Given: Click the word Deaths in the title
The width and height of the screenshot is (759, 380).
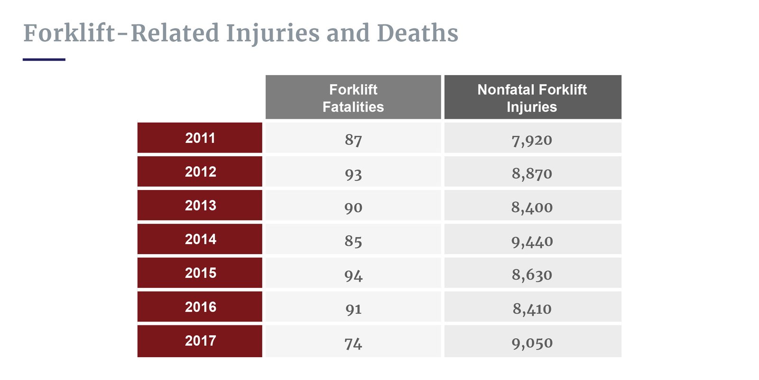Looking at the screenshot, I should coord(417,33).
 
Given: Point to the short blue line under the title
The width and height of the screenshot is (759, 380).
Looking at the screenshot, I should coord(44,59).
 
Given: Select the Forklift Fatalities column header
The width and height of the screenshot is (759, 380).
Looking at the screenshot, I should coord(353,98).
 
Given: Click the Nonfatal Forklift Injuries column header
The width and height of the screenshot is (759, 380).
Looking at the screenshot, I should coord(532,98).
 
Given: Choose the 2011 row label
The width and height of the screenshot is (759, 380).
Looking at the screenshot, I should coord(200,138).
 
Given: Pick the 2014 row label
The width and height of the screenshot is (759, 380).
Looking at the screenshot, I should coord(200,239).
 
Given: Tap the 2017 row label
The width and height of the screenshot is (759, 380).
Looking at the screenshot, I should coord(200,341).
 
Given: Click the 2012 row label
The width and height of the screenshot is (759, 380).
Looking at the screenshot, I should coord(200,172).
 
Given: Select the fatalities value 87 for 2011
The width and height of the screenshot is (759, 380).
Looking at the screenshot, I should coord(353,140).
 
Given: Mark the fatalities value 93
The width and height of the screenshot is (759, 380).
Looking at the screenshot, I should coord(353,174).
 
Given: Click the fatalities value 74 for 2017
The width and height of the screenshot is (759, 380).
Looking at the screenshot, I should coord(353,343).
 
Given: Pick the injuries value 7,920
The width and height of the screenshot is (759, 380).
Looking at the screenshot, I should coord(532,140).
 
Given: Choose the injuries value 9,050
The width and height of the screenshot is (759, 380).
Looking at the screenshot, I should coord(532,343).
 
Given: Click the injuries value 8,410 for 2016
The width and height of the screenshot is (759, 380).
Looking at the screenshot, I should coord(532,309).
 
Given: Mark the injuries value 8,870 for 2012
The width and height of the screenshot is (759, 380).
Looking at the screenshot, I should coord(532,174).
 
